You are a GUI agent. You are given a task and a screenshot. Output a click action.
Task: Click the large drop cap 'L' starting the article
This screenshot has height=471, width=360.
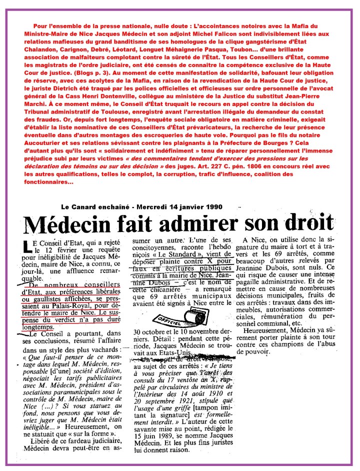pos(27,245)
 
